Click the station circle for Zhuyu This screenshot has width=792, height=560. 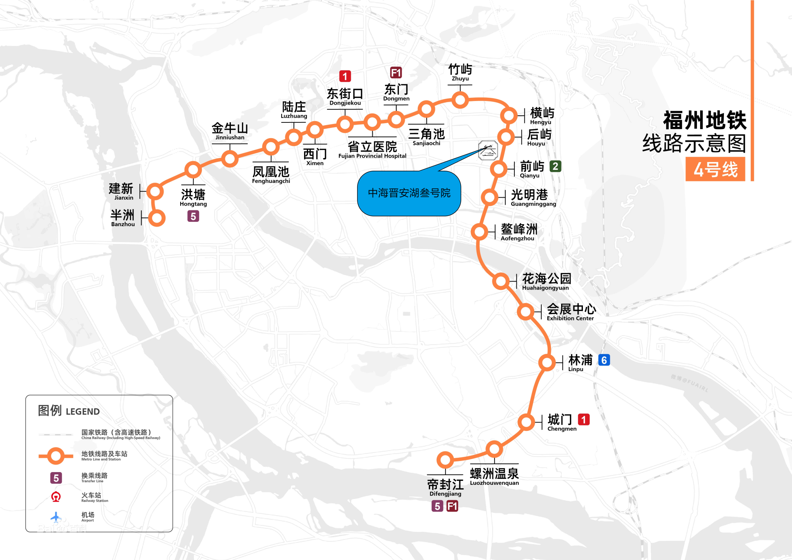click(x=460, y=100)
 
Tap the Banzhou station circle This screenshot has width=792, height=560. click(x=157, y=218)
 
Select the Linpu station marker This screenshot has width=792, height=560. click(x=547, y=362)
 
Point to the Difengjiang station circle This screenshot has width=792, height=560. click(x=445, y=460)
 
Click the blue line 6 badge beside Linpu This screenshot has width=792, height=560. click(x=604, y=360)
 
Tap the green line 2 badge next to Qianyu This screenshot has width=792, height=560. click(x=556, y=166)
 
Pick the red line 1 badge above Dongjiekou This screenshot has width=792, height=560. click(x=345, y=76)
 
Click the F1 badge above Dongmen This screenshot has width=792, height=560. click(x=396, y=72)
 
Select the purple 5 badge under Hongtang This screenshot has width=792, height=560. click(x=193, y=216)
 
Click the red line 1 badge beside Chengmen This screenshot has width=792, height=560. click(x=584, y=419)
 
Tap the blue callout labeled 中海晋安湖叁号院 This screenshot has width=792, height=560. click(x=409, y=193)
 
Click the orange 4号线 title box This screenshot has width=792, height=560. click(x=715, y=170)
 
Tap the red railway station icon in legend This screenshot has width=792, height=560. click(x=56, y=497)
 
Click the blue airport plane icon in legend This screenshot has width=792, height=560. click(x=56, y=517)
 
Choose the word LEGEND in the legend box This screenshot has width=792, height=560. click(x=83, y=411)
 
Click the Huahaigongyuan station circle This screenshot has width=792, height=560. click(x=501, y=281)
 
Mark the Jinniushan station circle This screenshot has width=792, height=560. click(x=230, y=159)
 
